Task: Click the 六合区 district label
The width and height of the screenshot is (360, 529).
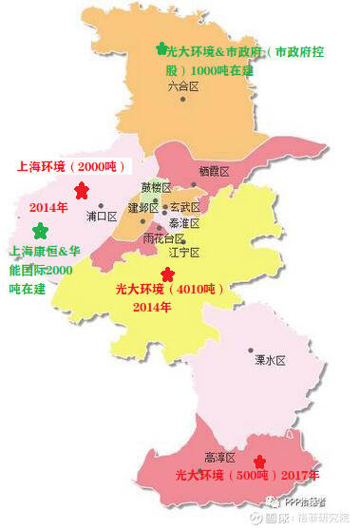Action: coord(183,86)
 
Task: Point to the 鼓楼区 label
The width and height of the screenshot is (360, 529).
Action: coord(155,187)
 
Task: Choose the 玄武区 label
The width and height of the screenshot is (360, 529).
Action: coord(184,207)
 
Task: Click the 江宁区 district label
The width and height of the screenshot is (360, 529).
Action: coord(183,253)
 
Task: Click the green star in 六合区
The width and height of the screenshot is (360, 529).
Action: coord(161,47)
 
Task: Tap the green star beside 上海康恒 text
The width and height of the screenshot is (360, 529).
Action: coord(40,231)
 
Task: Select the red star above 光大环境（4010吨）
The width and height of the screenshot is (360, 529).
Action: coord(167,274)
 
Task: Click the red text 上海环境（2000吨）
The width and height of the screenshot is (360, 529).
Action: coord(66,165)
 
